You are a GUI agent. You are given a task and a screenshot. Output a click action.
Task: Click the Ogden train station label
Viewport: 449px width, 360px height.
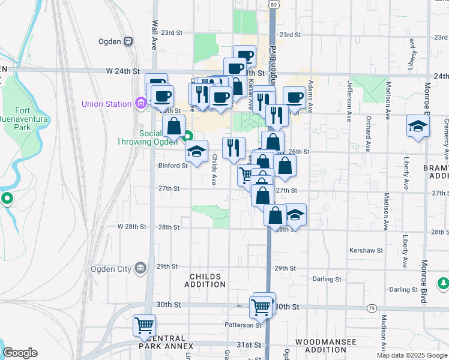110,41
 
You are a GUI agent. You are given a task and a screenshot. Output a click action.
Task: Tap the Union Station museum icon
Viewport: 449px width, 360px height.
141,104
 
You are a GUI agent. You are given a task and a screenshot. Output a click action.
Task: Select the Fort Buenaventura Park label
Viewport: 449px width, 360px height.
31,119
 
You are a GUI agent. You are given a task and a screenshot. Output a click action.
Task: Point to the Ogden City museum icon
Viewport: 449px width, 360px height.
140,268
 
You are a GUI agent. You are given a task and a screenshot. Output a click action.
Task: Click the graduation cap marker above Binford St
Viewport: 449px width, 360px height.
196,152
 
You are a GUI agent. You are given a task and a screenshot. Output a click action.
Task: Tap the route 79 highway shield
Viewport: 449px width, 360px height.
372,308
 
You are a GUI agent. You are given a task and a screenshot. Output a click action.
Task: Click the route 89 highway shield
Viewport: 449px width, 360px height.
273,4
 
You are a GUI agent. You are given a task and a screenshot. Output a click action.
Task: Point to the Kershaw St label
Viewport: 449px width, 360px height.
366,250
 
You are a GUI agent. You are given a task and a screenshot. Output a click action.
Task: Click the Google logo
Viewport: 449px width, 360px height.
20,353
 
